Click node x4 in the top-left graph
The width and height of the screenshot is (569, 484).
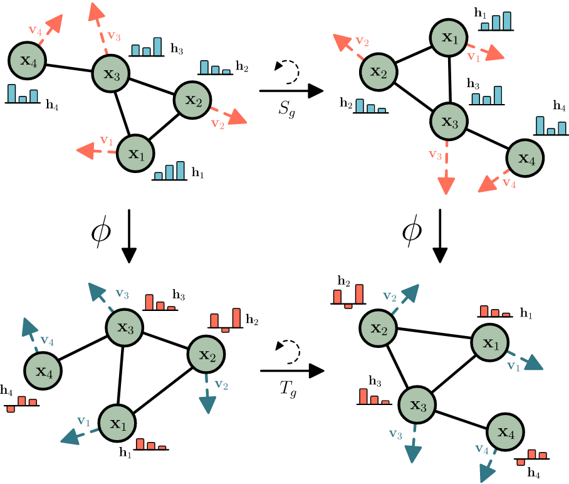tap(26, 61)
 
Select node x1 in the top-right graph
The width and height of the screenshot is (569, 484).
tap(449, 39)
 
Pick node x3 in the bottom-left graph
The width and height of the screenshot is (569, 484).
tap(124, 327)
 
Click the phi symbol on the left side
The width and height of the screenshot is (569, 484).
tap(101, 234)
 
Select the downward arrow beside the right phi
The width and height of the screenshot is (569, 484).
tap(441, 236)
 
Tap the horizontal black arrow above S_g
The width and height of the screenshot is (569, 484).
tap(291, 92)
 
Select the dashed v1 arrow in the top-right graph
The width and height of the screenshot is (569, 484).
tap(489, 50)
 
